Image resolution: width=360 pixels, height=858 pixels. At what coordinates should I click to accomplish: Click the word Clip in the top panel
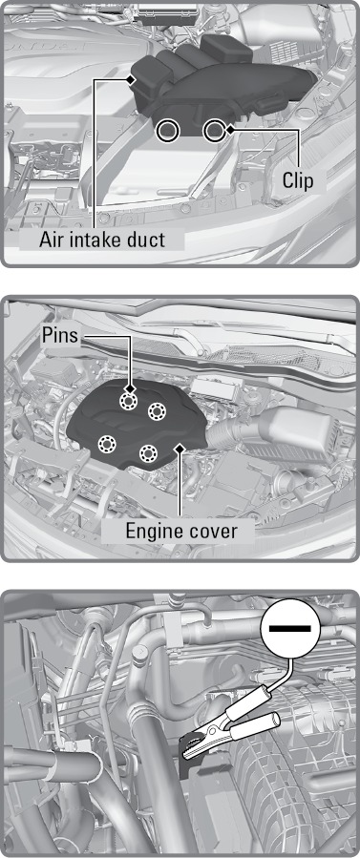298,180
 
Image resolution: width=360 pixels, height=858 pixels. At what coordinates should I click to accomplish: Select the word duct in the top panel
143,240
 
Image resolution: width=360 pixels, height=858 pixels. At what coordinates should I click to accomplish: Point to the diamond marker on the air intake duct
130,80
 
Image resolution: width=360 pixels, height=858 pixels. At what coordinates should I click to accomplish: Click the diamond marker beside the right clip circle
230,130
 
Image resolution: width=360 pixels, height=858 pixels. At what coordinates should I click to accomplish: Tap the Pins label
60,336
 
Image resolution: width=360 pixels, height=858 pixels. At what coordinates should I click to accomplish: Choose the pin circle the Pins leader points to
129,400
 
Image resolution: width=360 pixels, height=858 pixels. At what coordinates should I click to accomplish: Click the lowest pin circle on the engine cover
148,452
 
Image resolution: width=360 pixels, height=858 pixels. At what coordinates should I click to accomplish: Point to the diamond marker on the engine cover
179,449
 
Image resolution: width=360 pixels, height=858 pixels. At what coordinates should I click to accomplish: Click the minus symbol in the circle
289,630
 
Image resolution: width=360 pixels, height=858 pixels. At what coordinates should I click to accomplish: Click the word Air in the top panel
51,240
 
